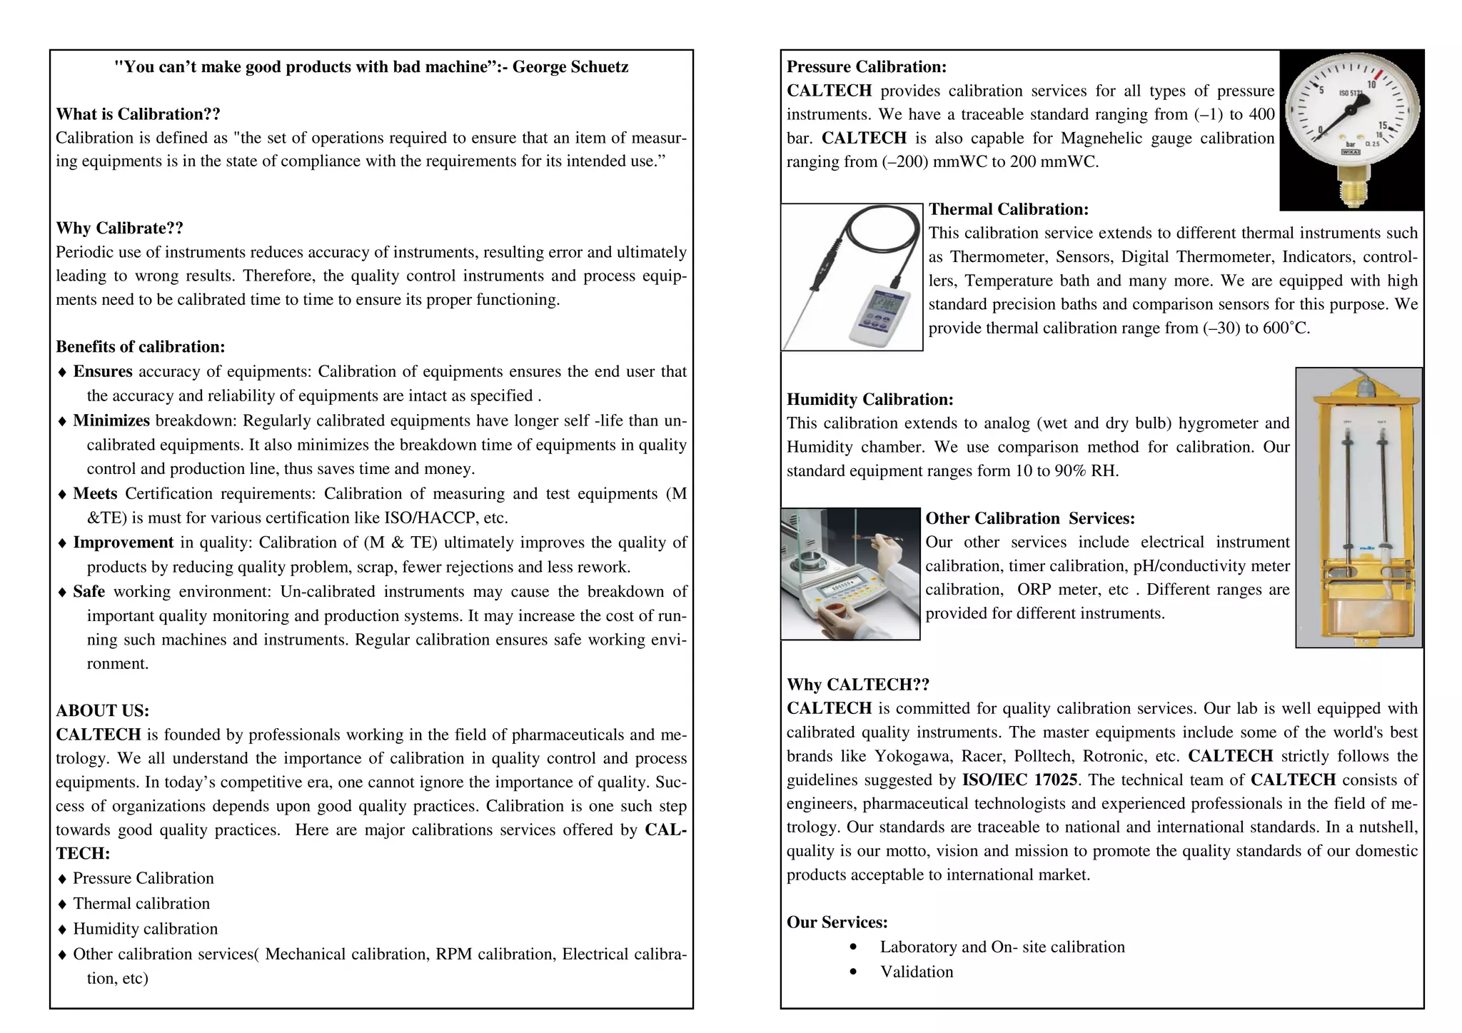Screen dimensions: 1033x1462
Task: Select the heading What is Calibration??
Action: (138, 114)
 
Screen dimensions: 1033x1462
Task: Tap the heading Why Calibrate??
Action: (119, 228)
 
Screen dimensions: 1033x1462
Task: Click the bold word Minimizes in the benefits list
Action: (111, 420)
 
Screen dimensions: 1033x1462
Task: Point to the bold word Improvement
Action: (123, 543)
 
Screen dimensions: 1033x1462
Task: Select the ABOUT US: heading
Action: (102, 710)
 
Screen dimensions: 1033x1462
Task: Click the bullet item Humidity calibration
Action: (145, 929)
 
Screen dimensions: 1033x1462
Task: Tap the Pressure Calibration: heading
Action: (866, 67)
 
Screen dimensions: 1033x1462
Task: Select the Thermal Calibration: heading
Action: (1008, 209)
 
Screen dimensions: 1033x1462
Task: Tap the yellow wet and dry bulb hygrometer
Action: (1358, 507)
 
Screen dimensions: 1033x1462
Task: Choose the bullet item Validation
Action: (916, 972)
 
